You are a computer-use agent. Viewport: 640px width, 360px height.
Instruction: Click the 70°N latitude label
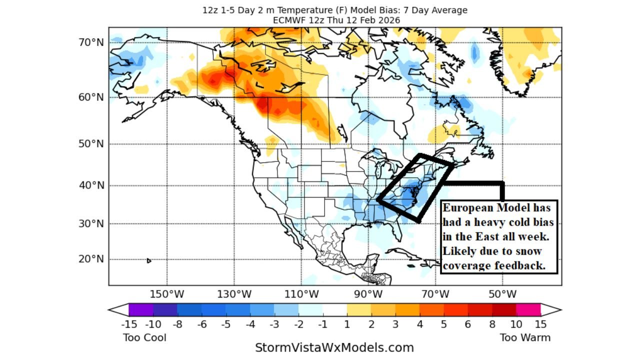90,42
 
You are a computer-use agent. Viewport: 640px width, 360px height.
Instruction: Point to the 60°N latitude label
90,97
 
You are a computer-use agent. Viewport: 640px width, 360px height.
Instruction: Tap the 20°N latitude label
90,259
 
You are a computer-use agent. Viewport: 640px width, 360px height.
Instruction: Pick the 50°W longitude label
502,293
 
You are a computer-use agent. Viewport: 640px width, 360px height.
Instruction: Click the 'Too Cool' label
144,337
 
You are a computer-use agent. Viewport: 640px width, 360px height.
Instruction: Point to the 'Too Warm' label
525,337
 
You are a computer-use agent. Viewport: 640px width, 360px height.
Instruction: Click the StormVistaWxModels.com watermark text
334,347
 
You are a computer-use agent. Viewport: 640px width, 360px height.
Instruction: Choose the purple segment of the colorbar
141,309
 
